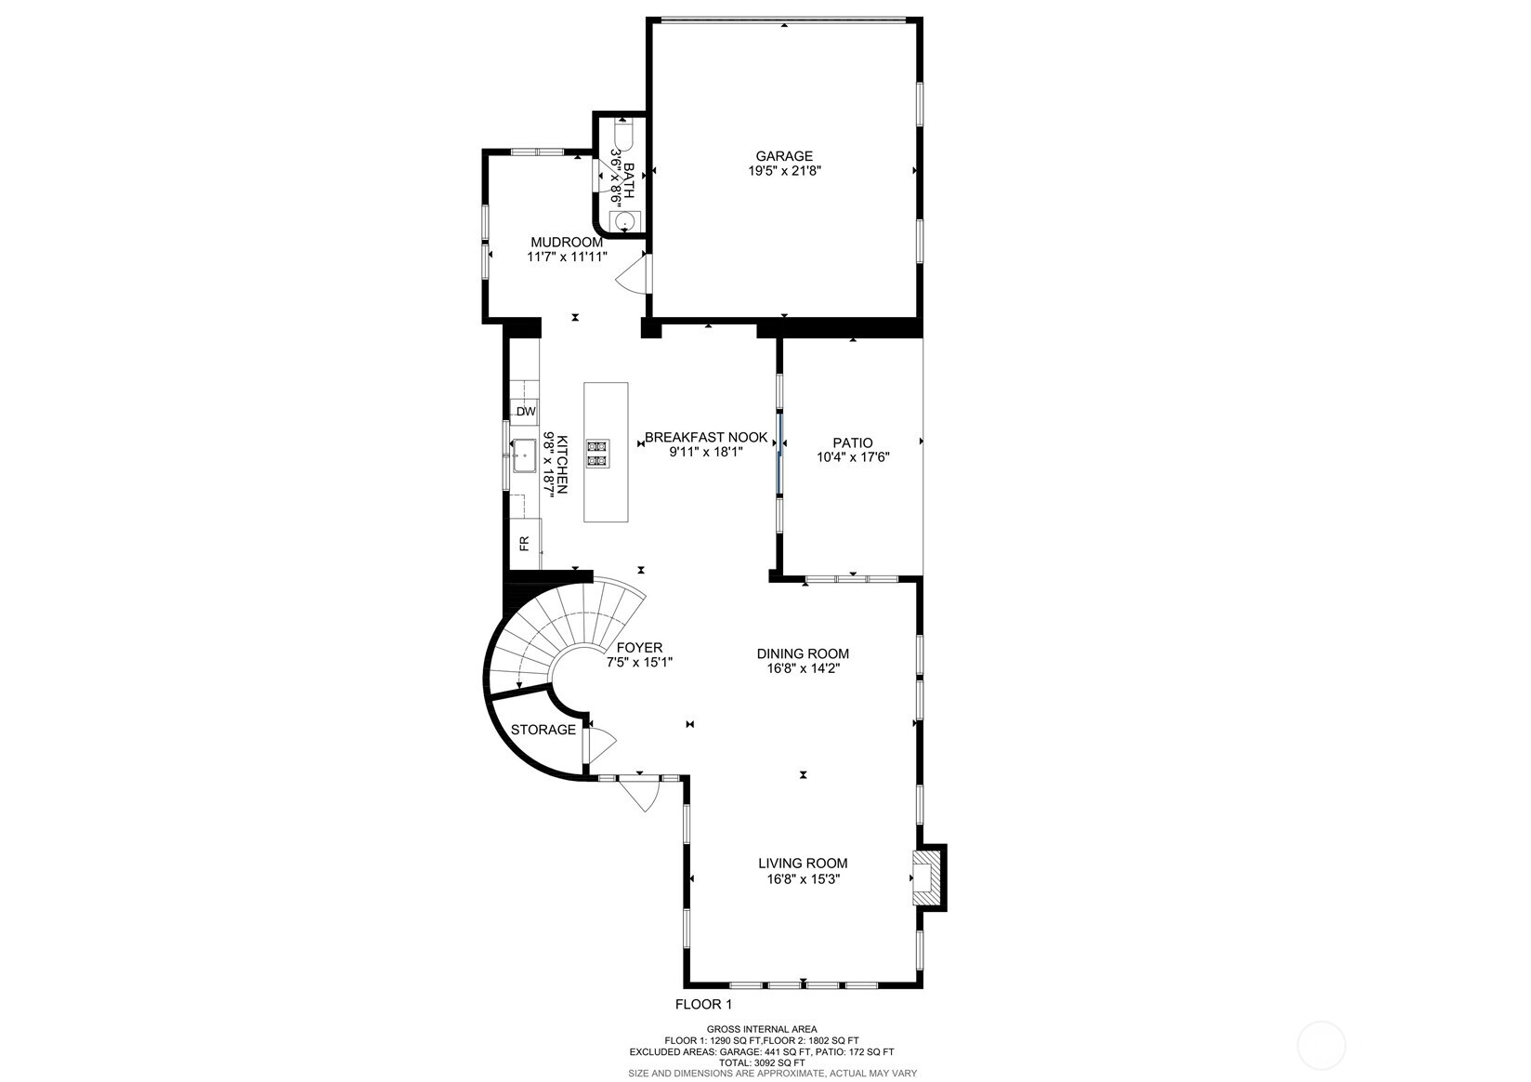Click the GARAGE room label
783,156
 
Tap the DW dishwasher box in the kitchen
526,411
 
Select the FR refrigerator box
524,543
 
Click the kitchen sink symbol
524,455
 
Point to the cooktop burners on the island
597,453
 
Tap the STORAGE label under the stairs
543,730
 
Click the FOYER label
639,648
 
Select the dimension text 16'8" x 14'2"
803,668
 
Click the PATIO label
852,442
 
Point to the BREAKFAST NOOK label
706,437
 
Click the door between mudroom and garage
635,274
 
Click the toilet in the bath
623,134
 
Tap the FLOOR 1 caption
703,1004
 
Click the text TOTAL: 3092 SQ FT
761,1062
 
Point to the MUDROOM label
567,242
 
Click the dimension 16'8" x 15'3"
803,878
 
